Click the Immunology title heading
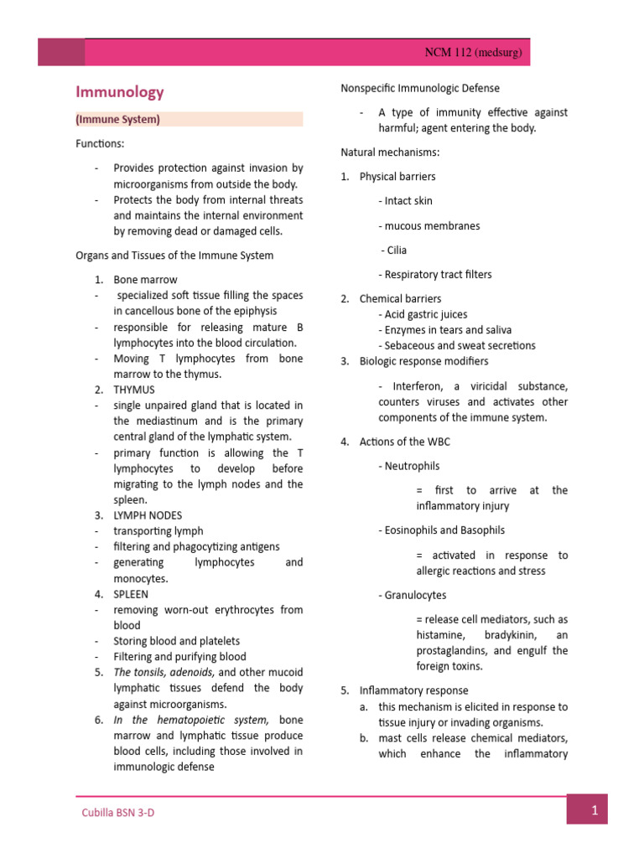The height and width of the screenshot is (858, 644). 120,92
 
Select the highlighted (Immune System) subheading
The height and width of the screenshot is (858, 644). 118,120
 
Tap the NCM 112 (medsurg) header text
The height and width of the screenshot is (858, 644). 473,54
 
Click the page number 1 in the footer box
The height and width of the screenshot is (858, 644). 594,810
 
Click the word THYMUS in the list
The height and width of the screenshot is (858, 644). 134,390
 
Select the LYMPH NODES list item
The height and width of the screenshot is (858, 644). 148,515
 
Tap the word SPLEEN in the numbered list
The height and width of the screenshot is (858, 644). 132,594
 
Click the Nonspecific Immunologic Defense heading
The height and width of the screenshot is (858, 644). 419,88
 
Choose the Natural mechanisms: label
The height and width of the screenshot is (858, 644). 390,152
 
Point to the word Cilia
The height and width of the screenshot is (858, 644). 395,250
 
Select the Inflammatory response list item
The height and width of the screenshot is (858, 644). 402,691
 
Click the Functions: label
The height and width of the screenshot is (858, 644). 100,144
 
